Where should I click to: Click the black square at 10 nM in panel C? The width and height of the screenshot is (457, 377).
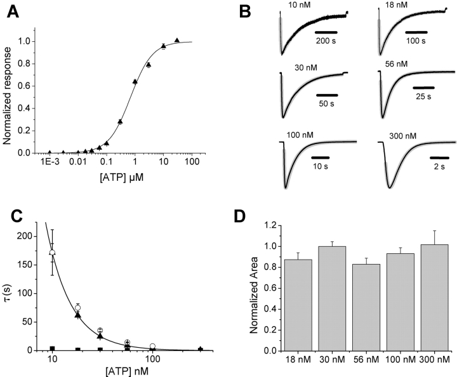coord(53,348)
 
